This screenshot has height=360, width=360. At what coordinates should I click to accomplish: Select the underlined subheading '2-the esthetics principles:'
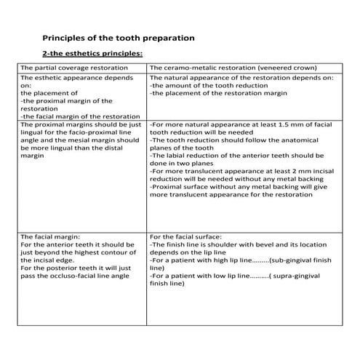[x=92, y=53]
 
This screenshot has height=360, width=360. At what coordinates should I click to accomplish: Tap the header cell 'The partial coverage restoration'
[x=74, y=67]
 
